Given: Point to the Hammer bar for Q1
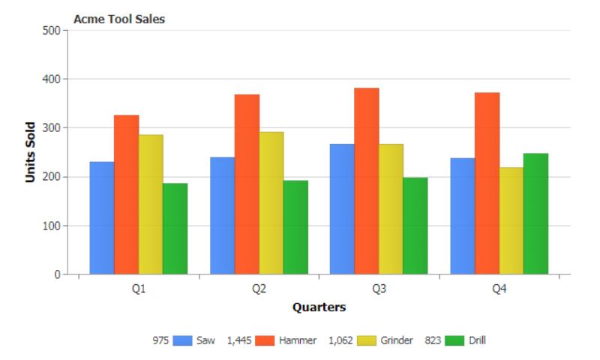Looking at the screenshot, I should [x=126, y=194].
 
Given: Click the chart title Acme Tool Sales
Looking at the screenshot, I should [x=119, y=20].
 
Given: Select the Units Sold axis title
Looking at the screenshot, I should [x=31, y=152].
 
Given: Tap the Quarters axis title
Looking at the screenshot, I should [x=319, y=307].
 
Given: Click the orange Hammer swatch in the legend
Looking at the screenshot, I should [x=265, y=340].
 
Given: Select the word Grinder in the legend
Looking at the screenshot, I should [x=397, y=340].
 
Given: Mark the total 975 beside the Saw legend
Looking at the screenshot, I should [x=161, y=340].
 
